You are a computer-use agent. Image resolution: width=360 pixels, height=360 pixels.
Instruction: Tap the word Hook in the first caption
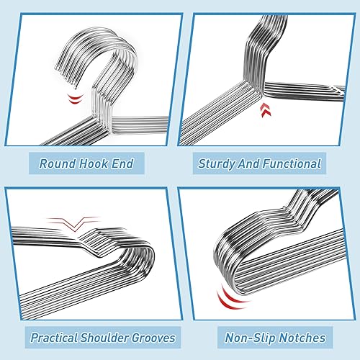tap(96, 164)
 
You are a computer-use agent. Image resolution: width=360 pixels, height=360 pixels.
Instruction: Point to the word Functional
tap(290, 164)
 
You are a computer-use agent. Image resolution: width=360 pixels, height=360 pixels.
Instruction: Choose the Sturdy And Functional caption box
tap(259, 164)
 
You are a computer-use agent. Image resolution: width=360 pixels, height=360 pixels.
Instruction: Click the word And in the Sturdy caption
tap(251, 164)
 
